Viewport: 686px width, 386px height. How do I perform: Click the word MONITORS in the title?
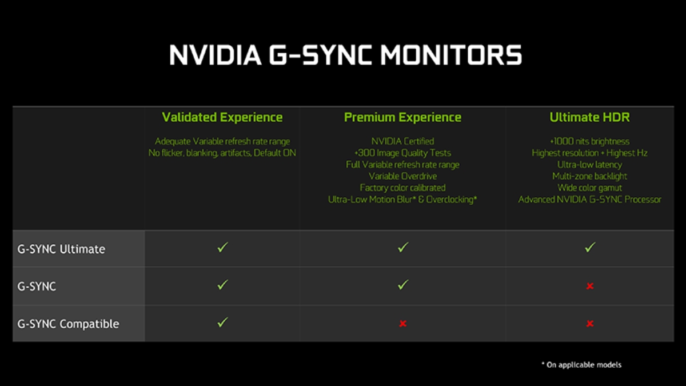(x=451, y=55)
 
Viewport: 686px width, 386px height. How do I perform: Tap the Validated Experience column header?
(x=222, y=117)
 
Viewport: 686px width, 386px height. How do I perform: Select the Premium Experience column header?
(x=402, y=117)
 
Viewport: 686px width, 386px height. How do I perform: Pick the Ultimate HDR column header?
(x=589, y=117)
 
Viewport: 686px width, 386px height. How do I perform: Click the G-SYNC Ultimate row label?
(x=61, y=249)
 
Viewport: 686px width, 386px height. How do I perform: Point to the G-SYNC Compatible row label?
(x=68, y=324)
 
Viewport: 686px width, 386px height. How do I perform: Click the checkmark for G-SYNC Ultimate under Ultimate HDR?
(x=590, y=247)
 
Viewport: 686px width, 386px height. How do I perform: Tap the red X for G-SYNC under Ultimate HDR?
(x=590, y=286)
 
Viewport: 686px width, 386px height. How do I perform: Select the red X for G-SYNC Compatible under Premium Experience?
(x=402, y=324)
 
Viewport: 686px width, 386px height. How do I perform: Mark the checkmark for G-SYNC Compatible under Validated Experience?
(x=222, y=322)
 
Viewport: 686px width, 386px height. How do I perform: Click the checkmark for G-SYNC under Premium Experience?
(x=402, y=285)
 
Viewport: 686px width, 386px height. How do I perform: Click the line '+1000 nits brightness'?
(x=589, y=141)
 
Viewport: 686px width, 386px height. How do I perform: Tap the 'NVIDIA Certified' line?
(x=402, y=141)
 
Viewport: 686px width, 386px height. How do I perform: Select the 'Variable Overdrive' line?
(x=402, y=176)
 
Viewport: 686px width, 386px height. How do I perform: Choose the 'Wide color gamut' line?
(x=589, y=188)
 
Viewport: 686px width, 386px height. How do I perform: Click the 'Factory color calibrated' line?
(x=402, y=188)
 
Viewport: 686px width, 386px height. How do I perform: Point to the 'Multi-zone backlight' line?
(x=589, y=176)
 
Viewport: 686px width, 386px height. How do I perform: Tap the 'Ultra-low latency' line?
(x=589, y=165)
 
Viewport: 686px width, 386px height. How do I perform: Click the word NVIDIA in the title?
(x=216, y=55)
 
